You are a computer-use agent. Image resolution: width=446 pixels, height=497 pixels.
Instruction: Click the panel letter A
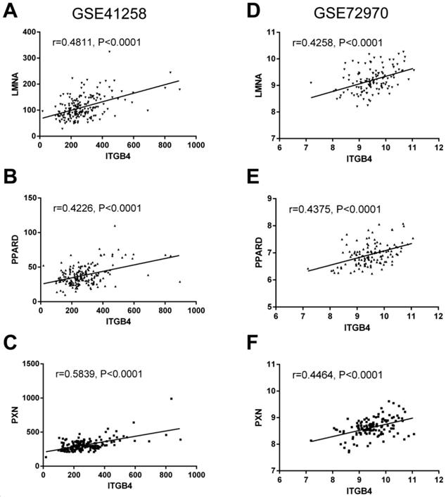point(11,12)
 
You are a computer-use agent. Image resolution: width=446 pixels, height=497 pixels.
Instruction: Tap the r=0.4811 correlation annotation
point(98,42)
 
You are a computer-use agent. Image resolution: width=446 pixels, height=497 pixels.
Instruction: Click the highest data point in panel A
point(110,51)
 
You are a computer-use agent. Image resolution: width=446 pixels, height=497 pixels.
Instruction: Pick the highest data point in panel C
point(171,399)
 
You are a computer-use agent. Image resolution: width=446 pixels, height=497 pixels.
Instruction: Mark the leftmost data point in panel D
point(311,82)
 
